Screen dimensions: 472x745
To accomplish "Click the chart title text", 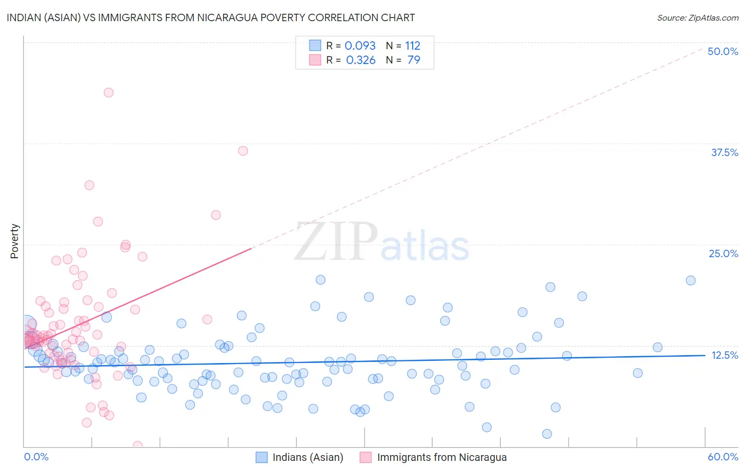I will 211,17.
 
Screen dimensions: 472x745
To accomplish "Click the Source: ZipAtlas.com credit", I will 697,17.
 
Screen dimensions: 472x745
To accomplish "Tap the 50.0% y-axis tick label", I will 723,51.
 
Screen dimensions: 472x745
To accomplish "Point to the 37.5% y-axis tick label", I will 724,152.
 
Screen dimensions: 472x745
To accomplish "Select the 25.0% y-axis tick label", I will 723,253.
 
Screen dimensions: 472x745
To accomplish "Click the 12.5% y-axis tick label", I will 724,355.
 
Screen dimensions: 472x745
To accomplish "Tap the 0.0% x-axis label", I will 36,457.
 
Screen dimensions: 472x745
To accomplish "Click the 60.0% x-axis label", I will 723,457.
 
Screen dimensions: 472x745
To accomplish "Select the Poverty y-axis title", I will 14,241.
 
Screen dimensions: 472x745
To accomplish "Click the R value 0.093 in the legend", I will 360,46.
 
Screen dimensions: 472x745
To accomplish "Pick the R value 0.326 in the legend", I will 360,60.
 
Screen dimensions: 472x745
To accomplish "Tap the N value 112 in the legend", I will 412,46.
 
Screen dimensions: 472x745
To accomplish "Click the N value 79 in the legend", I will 413,60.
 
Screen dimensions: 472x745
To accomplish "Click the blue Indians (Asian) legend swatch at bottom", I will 261,457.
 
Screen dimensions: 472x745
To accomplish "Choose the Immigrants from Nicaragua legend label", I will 441,457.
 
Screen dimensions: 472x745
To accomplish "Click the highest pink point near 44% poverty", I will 109,93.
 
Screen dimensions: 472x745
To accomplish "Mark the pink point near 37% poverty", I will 243,151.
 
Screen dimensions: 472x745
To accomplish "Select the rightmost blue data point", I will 690,280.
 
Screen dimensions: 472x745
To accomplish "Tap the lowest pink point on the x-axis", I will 138,446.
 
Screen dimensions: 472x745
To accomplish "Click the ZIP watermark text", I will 336,242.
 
